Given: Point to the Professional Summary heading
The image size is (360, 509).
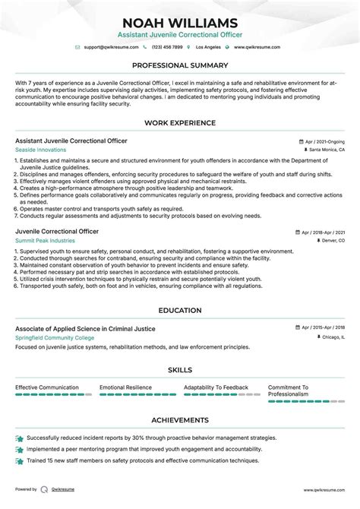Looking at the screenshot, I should click(180, 65).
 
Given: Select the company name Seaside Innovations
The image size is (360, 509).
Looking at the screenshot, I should click(40, 150).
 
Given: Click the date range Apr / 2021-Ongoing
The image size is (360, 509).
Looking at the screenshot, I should click(322, 141).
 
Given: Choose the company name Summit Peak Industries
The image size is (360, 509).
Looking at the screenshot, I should click(43, 240).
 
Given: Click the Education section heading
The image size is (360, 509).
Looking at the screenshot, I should click(180, 311).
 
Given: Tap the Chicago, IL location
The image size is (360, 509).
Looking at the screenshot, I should click(329, 337).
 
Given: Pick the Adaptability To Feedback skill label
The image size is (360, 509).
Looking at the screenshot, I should click(216, 387).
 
